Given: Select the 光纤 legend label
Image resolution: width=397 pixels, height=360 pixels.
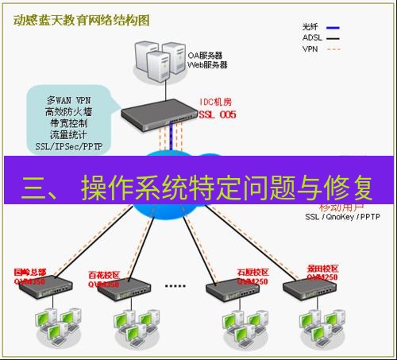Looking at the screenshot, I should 314,25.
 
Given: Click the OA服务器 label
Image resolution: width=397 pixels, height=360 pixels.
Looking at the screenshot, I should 205,55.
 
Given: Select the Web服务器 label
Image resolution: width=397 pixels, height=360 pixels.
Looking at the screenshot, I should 206,64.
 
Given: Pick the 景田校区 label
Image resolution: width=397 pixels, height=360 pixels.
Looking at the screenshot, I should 321,269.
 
